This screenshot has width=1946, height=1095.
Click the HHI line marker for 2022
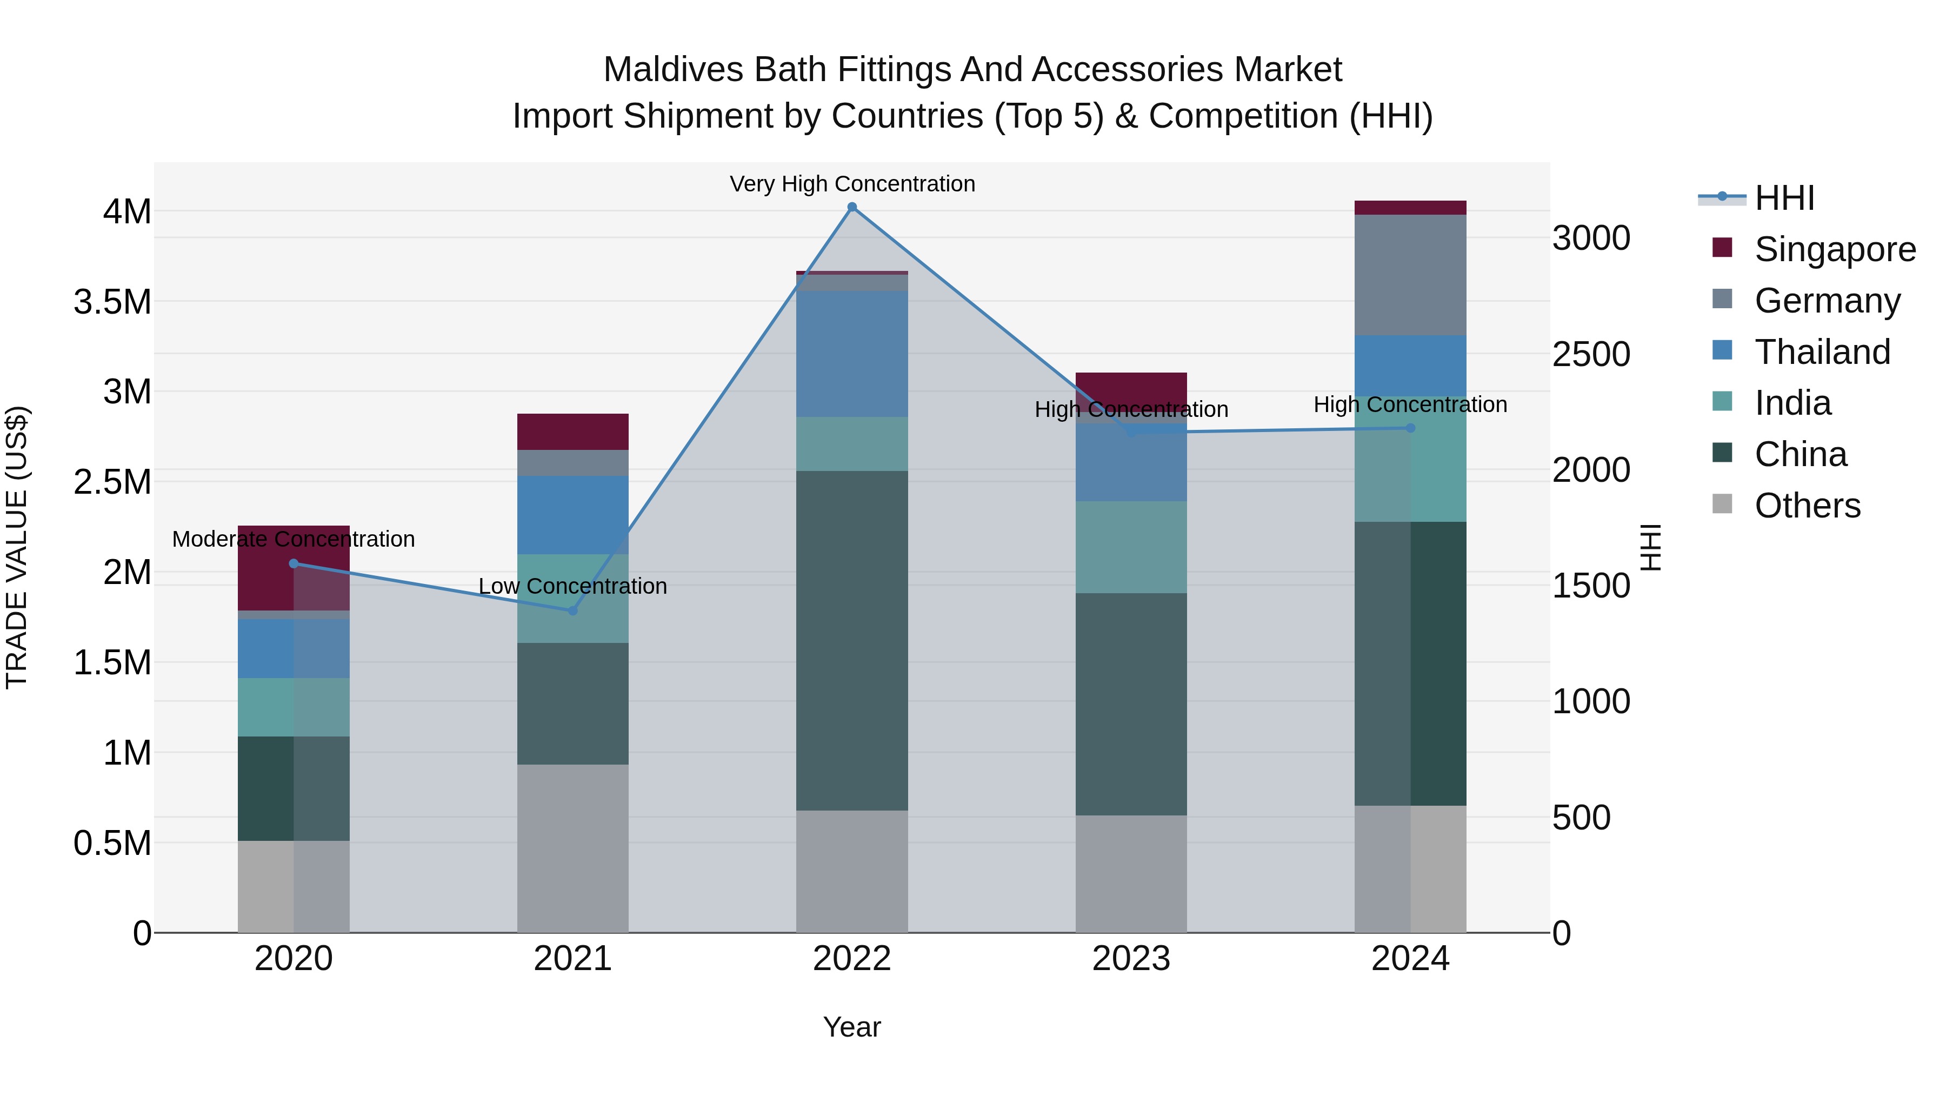pos(852,207)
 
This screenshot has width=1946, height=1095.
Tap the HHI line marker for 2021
pos(572,610)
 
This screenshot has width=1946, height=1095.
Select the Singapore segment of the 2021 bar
pos(572,432)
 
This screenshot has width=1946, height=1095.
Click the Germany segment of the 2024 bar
pos(1410,275)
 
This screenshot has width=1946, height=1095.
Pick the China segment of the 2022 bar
pos(852,641)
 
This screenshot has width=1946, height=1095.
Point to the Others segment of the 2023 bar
pos(1131,874)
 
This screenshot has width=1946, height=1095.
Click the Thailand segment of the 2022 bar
pos(852,354)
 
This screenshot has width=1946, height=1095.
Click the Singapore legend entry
pos(1834,249)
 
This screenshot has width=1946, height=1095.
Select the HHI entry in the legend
pos(1784,198)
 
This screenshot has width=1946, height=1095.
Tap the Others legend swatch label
pos(1807,506)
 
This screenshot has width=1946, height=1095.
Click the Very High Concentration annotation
pos(852,184)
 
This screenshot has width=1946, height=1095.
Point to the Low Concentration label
pos(572,586)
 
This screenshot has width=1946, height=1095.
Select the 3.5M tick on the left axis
pos(112,302)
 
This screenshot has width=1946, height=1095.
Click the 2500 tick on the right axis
pos(1591,354)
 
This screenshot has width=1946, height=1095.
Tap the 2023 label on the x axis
pos(1131,959)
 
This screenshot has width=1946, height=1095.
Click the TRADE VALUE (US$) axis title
pos(17,547)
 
